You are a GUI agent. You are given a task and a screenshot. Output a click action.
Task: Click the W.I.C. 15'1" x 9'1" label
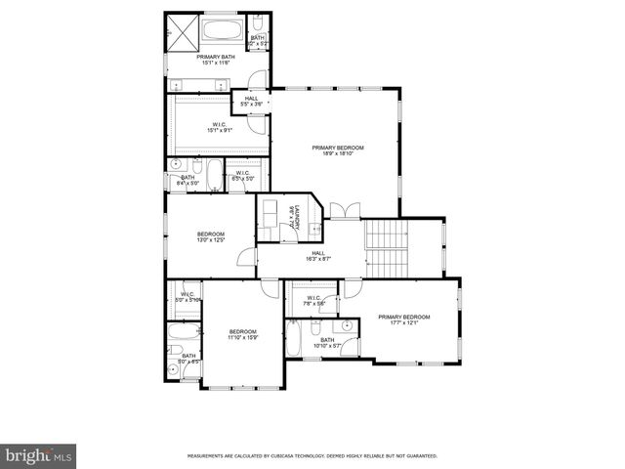pos(220,127)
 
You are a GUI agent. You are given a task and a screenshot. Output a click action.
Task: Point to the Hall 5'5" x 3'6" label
pos(251,102)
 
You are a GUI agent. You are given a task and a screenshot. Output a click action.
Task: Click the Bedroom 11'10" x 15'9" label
pos(242,334)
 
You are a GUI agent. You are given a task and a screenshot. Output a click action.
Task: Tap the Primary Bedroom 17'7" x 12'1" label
pos(403,320)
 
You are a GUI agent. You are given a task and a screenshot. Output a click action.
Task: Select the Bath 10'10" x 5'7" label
pos(326,342)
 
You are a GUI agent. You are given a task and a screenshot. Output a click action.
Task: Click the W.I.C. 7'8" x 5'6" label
pos(313,301)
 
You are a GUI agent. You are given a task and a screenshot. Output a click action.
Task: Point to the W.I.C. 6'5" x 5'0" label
pos(243,176)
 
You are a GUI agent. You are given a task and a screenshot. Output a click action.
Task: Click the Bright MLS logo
pos(39,455)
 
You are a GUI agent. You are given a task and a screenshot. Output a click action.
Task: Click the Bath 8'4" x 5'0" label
pos(187,180)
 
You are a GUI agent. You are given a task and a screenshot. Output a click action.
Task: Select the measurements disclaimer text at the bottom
pos(312,456)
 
